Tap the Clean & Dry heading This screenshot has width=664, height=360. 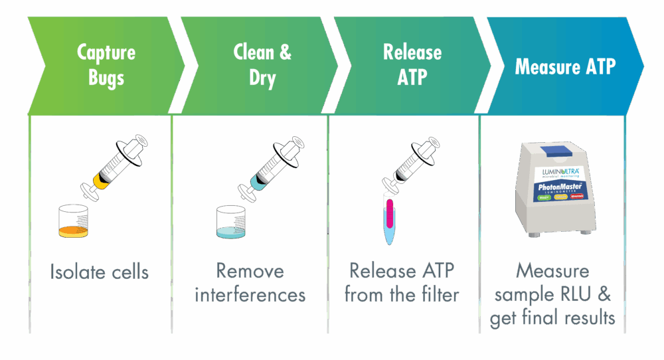(x=262, y=65)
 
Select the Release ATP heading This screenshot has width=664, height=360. (x=412, y=65)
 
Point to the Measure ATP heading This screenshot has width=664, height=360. (x=565, y=66)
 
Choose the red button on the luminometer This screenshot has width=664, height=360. (x=578, y=197)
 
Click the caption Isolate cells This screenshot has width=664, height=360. (x=100, y=272)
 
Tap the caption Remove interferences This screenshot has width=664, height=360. (x=251, y=282)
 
